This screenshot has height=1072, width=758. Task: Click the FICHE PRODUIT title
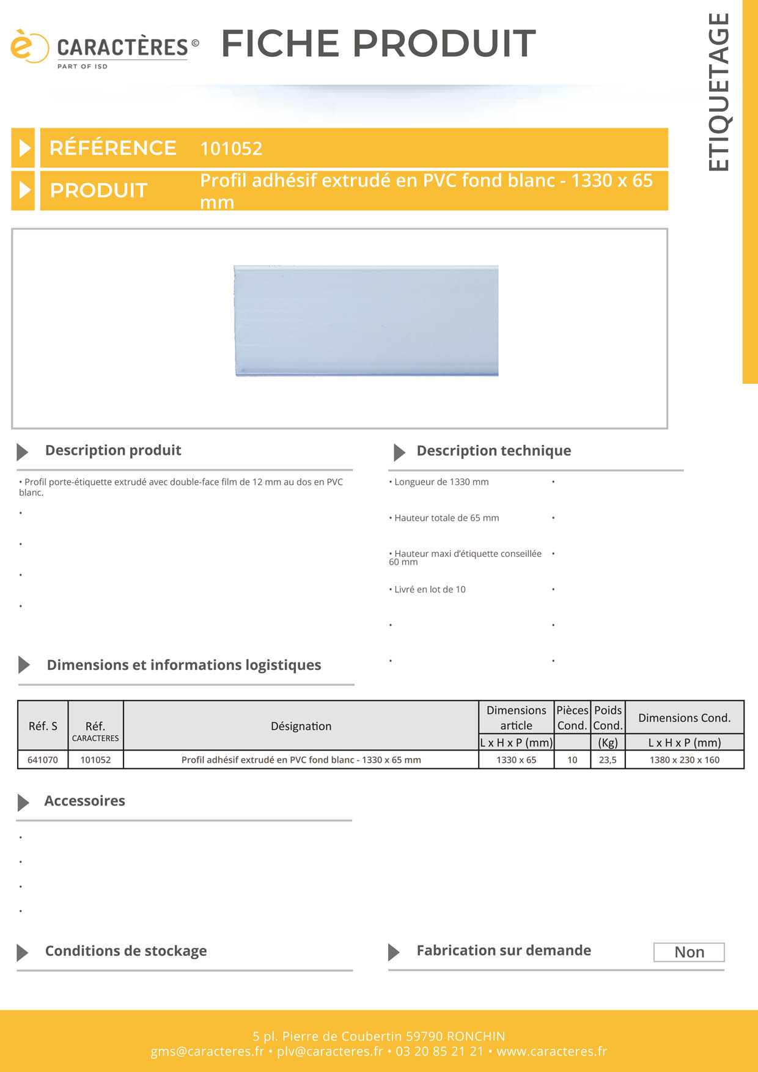coord(378,43)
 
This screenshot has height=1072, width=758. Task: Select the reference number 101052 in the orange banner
coord(231,149)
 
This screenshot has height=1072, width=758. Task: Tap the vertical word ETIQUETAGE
coord(719,92)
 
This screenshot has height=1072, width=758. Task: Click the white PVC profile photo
coord(366,321)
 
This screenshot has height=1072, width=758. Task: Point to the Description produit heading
coord(113,450)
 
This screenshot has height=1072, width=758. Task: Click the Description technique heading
coord(493,451)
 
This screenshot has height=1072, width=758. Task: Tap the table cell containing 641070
coord(43,760)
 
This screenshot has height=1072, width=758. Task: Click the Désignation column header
coord(301,726)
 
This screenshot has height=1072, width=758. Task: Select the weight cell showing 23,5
coord(608,760)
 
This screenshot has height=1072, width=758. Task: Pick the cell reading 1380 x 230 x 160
coord(684,760)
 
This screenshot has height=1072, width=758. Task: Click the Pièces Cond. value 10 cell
coord(572,760)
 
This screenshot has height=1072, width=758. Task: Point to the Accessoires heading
coord(84,801)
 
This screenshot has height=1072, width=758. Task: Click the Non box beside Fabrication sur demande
coord(689,952)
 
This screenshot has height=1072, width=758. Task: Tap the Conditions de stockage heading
coord(126,951)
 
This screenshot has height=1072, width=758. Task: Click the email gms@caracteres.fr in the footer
coord(207,1051)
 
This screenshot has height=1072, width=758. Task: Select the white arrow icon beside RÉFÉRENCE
coord(24,148)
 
